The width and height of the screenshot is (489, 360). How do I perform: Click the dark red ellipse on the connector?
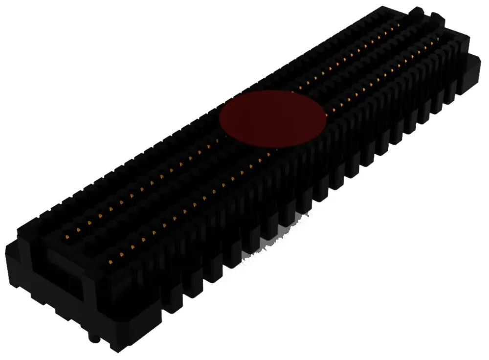pos(272,119)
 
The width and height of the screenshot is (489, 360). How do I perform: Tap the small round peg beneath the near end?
pos(91,338)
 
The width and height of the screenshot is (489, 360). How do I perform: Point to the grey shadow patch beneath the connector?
pos(274,245)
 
